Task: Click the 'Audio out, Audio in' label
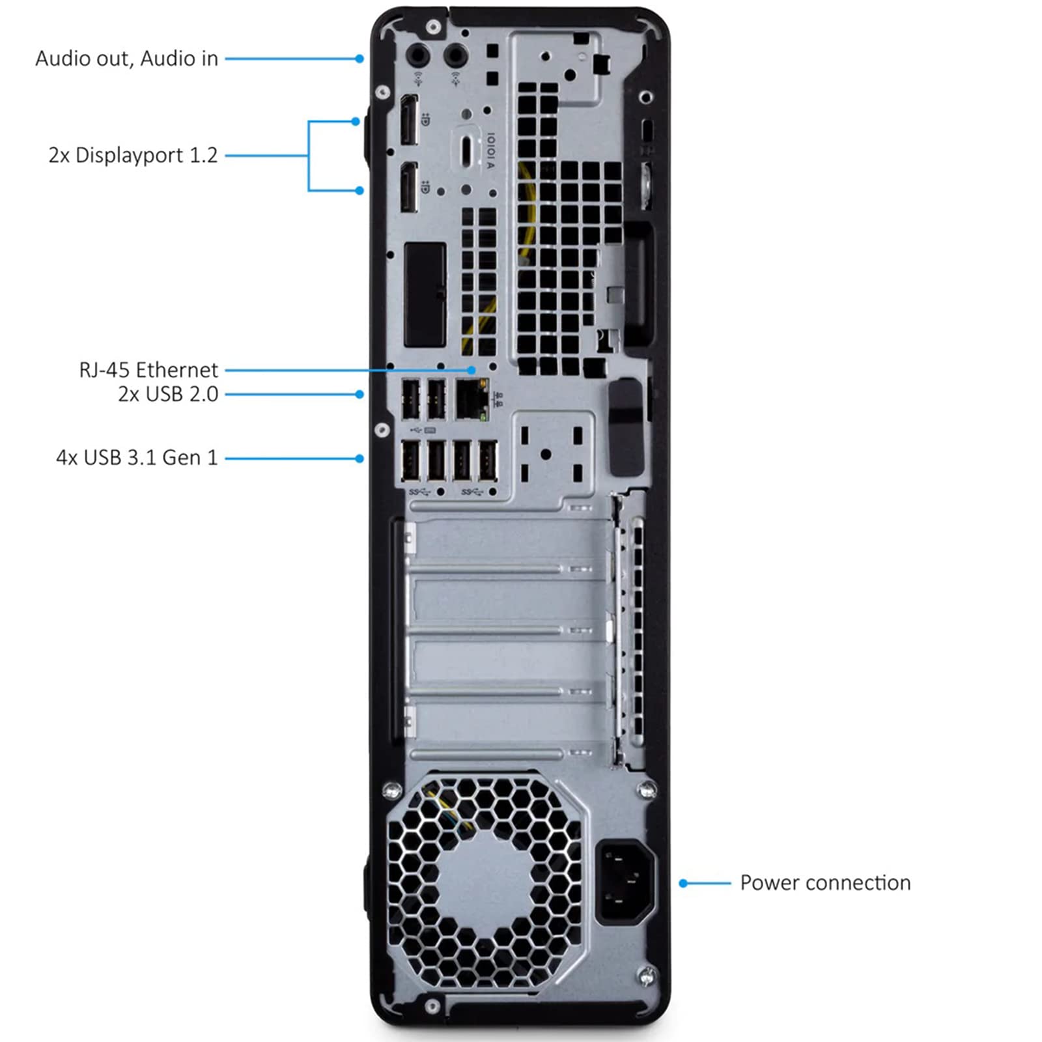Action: pyautogui.click(x=126, y=59)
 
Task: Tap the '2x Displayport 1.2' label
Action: pyautogui.click(x=133, y=156)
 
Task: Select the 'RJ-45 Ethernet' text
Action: pyautogui.click(x=148, y=370)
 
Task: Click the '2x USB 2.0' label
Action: pyautogui.click(x=168, y=394)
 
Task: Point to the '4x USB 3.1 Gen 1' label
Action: pyautogui.click(x=137, y=458)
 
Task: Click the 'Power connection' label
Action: pyautogui.click(x=825, y=883)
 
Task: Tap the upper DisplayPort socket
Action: pyautogui.click(x=408, y=120)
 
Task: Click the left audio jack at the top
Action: pyautogui.click(x=418, y=56)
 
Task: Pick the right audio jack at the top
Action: pyautogui.click(x=455, y=56)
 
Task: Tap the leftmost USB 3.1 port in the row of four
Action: pyautogui.click(x=410, y=462)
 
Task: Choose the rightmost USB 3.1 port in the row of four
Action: pyautogui.click(x=488, y=462)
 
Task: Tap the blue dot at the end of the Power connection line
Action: pyautogui.click(x=683, y=884)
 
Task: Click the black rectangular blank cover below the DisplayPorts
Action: pyautogui.click(x=425, y=294)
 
